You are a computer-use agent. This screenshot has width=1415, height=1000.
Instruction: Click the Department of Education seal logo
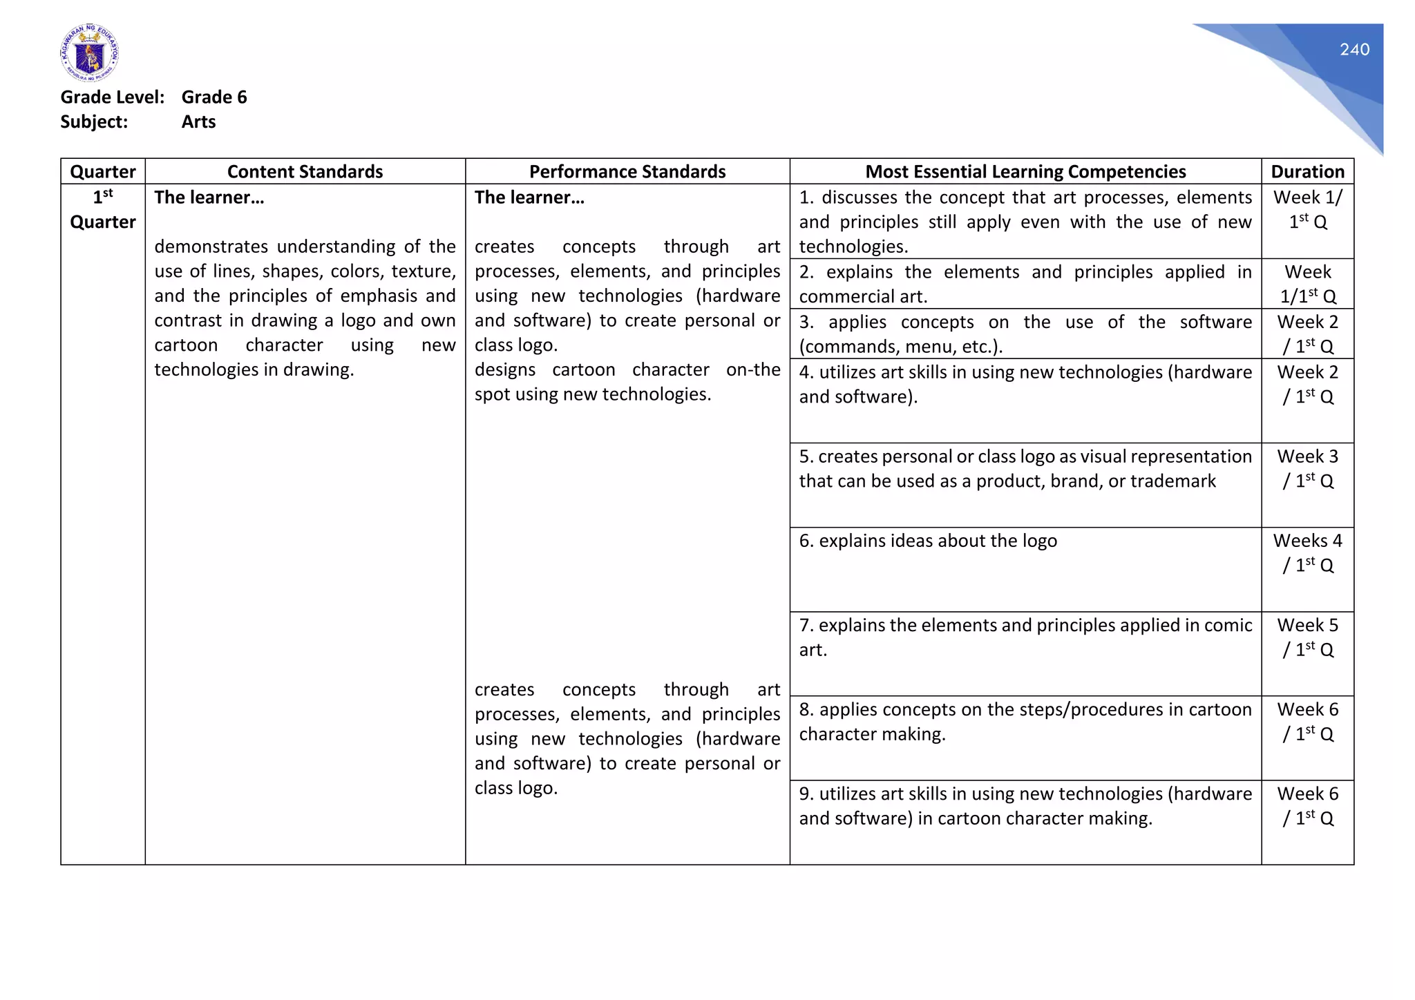89,52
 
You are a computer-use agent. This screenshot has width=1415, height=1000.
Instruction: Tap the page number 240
1354,50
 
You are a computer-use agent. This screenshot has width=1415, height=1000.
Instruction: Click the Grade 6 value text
214,97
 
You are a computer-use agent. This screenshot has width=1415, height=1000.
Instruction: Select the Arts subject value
198,122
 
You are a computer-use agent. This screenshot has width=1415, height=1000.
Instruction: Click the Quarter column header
103,171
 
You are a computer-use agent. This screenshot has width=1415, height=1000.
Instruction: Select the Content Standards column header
305,171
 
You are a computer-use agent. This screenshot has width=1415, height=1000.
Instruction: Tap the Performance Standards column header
627,171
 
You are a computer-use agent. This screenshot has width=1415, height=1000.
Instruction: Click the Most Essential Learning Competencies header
1025,171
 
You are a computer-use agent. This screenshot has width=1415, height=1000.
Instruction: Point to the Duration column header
1307,171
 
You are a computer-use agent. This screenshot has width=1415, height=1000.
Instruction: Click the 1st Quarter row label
103,210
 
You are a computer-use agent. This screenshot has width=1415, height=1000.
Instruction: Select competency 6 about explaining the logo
928,541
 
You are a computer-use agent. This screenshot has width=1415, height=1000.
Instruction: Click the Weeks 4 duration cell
1307,553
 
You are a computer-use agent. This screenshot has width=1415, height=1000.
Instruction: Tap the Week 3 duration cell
1307,469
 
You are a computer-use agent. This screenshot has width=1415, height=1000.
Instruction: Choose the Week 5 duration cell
1307,637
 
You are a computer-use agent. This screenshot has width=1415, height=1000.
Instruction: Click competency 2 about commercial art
1025,284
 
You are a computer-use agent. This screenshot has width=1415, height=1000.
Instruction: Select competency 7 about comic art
1025,637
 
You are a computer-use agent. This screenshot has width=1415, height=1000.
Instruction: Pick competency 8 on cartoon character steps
1025,722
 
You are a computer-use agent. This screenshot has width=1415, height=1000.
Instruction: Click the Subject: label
94,122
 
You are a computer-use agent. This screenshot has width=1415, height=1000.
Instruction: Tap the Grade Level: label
113,97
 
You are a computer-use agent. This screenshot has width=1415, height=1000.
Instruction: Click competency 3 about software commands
1025,334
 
